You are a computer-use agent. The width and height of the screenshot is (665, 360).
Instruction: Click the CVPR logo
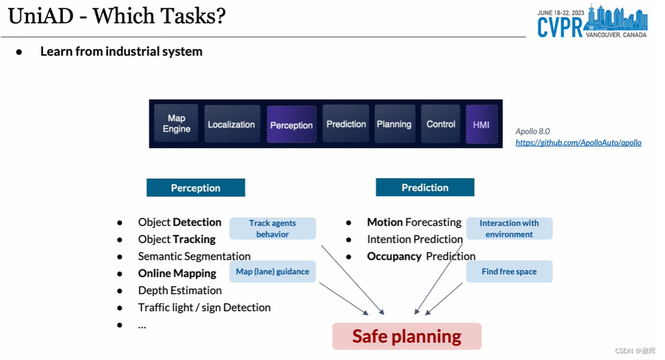click(592, 22)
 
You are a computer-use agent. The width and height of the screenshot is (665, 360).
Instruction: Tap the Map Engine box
click(176, 124)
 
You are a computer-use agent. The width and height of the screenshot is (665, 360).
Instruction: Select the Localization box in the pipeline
click(231, 124)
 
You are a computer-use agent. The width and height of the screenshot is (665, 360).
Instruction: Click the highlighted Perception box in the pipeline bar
click(291, 125)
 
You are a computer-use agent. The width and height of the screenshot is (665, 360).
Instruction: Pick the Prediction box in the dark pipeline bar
click(346, 124)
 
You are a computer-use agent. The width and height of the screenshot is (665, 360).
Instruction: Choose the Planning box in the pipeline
click(394, 124)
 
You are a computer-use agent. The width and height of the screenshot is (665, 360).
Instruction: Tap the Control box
click(441, 124)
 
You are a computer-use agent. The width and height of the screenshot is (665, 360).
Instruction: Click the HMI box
click(481, 125)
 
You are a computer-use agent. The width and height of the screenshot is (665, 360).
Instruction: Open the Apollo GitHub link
click(578, 143)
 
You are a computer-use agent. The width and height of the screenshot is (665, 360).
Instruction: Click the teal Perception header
click(195, 188)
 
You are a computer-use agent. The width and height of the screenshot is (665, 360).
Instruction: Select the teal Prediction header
click(425, 187)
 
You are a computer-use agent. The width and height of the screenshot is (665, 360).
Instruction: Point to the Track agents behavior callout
click(272, 229)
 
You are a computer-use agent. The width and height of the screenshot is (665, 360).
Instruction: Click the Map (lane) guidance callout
click(272, 272)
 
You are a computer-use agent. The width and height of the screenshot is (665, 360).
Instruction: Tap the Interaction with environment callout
click(509, 229)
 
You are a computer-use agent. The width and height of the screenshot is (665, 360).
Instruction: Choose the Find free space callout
click(509, 272)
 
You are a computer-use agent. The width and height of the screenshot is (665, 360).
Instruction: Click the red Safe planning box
click(407, 336)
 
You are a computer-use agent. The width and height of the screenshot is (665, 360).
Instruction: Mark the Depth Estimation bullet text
click(180, 290)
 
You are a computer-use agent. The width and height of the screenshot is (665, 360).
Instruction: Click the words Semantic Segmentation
click(194, 256)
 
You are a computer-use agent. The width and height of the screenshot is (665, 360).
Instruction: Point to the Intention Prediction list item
click(415, 239)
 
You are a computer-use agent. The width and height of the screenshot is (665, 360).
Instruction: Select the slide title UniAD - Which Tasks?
click(117, 16)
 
